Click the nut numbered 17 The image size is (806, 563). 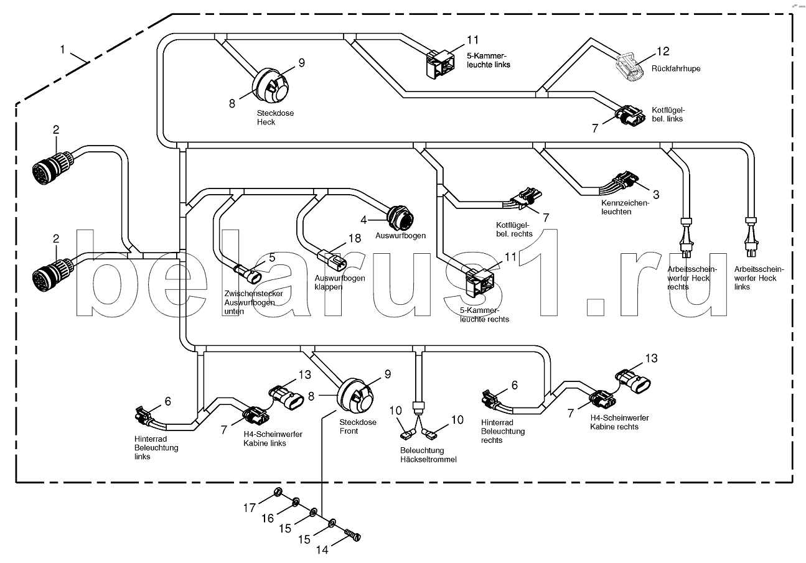click(x=279, y=495)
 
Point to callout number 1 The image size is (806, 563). click(x=63, y=47)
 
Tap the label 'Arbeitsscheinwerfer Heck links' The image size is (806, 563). click(x=759, y=278)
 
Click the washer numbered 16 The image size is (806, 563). click(x=297, y=501)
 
